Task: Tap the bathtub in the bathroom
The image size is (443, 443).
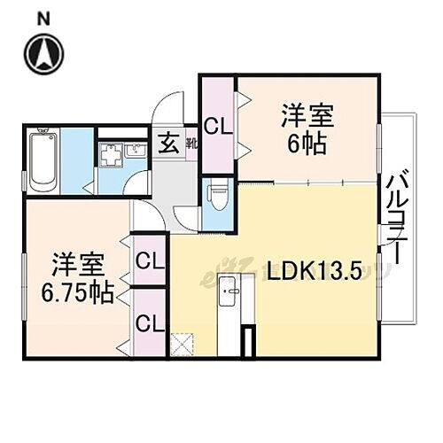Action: coord(42,161)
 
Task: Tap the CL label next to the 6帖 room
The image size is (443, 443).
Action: coord(217,126)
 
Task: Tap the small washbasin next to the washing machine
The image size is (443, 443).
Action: coord(136,151)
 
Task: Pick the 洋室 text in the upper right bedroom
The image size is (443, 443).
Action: coord(307,115)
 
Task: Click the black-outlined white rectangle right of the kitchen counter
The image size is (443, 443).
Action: coord(250,342)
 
